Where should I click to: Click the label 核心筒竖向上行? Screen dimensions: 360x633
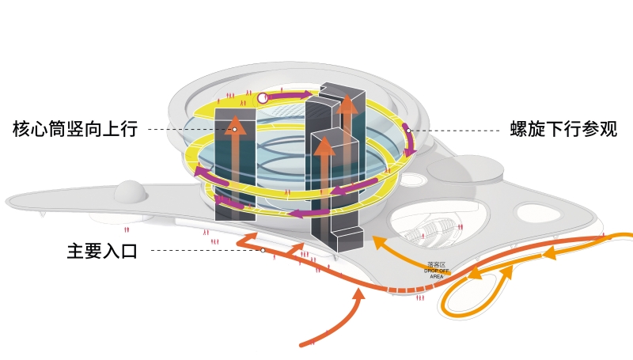click(75, 129)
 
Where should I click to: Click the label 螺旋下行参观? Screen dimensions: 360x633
click(563, 129)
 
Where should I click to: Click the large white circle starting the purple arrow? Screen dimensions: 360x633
click(263, 98)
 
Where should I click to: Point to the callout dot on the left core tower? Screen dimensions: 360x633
click(235, 129)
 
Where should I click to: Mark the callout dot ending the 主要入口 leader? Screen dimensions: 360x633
click(262, 251)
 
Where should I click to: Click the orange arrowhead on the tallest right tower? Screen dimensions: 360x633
click(347, 103)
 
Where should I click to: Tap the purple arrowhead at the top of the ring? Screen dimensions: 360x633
click(305, 96)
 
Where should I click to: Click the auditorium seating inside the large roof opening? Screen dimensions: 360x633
click(431, 230)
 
